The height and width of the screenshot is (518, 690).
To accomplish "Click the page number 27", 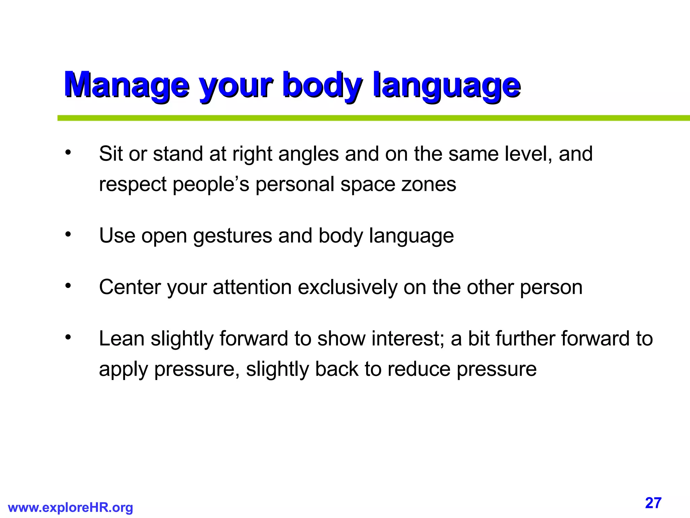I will pos(653,503).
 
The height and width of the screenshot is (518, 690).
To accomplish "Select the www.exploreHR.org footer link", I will pos(70,507).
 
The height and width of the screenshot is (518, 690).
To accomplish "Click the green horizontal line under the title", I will pos(371,118).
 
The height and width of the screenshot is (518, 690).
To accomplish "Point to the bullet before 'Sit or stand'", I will pos(68,153).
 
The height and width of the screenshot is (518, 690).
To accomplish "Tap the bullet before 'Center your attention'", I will pos(68,286).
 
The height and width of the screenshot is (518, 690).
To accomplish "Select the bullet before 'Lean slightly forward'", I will pos(68,338).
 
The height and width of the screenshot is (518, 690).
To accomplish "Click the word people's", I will pos(211,184).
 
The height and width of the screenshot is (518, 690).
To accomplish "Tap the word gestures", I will pos(232,236).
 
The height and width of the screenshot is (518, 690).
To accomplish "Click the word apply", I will pos(123,370).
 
